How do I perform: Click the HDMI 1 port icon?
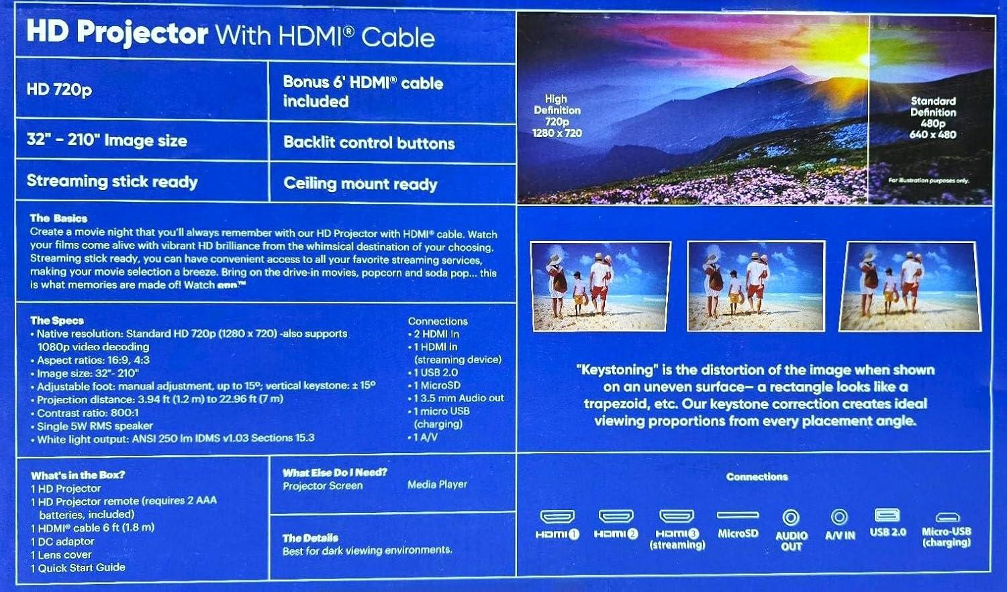pos(557,516)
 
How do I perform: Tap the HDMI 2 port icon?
pos(616,516)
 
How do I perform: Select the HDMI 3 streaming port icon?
pos(676,516)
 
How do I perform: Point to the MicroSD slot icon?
pos(738,515)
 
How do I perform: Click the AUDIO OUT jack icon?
pos(791,517)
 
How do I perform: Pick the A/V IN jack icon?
pos(839,517)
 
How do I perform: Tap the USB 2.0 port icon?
pos(887,515)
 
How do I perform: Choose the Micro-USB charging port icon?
pos(947,517)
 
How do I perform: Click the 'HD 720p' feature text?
pos(59,89)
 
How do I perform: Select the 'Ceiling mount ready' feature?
pos(360,183)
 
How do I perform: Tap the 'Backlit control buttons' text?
pos(369,142)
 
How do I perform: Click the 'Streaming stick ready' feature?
pos(112,181)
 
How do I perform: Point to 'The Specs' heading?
pos(57,320)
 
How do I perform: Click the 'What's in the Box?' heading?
pos(78,475)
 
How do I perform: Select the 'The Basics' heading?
pos(58,218)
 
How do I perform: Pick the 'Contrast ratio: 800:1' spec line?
pos(88,413)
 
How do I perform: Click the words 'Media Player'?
pos(437,484)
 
